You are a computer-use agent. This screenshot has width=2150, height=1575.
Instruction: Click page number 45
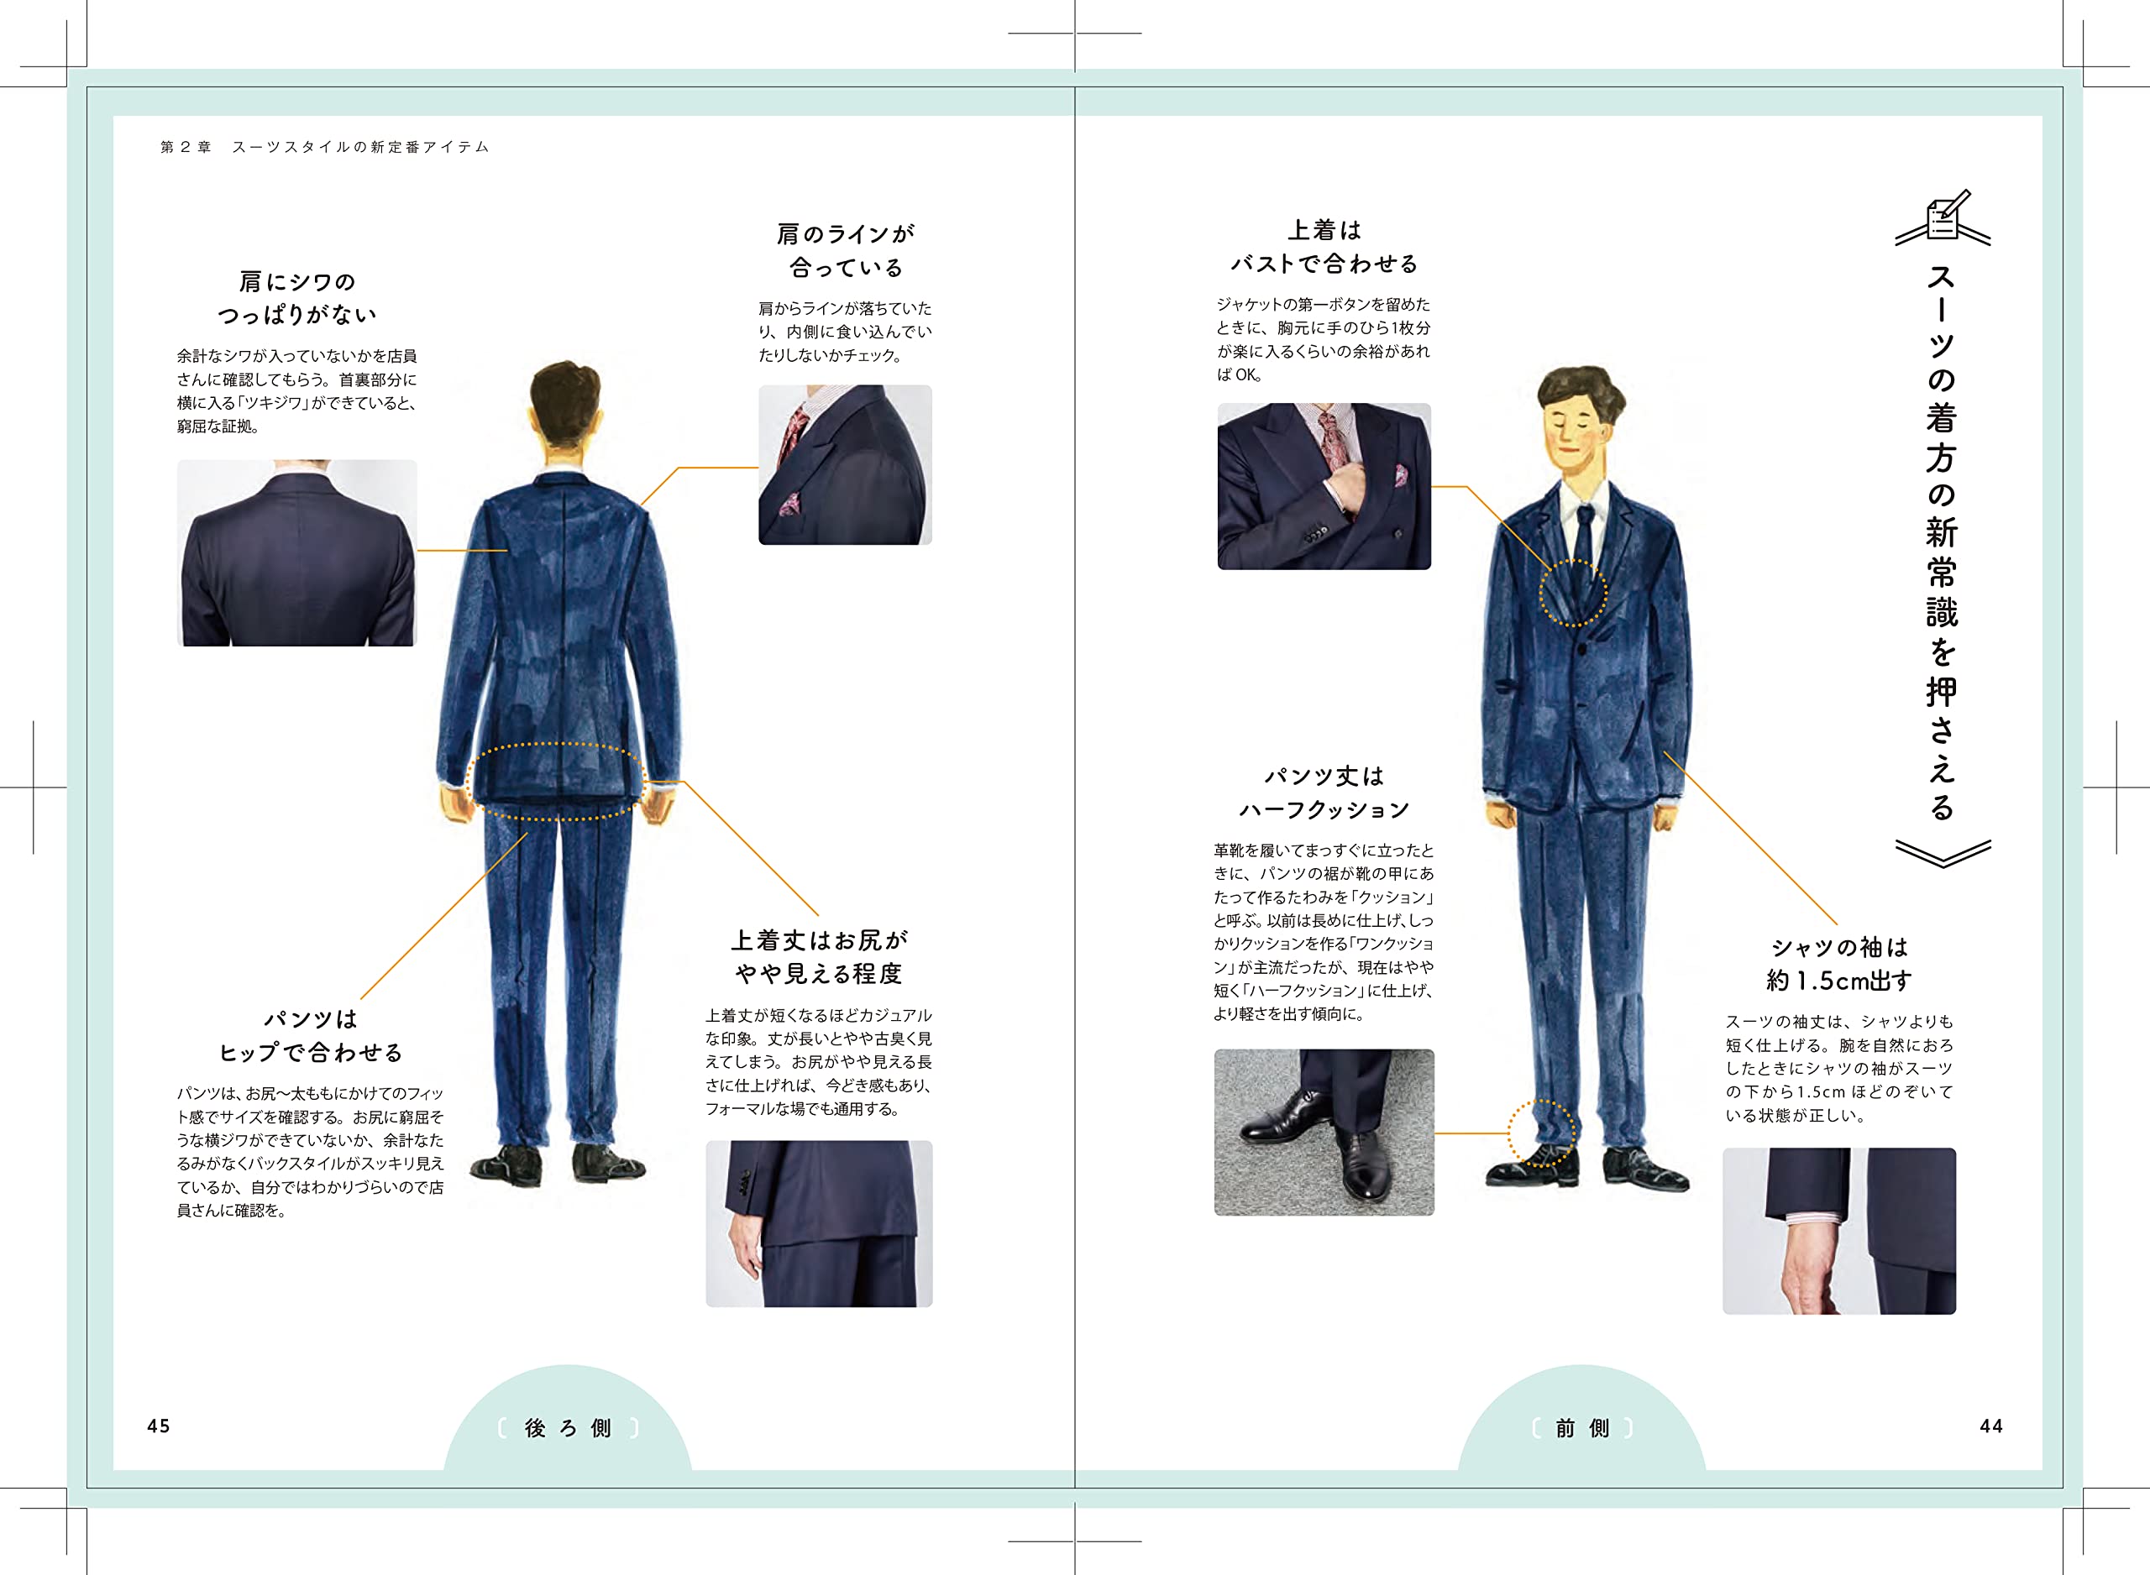(158, 1426)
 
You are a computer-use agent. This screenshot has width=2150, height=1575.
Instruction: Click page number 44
(1990, 1426)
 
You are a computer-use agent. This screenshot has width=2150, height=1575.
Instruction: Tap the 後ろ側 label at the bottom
(567, 1428)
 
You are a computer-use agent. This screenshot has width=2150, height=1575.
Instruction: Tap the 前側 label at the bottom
(1581, 1428)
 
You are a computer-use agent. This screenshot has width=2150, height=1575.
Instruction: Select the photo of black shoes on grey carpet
(1324, 1132)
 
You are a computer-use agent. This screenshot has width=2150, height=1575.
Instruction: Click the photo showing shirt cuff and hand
(1838, 1231)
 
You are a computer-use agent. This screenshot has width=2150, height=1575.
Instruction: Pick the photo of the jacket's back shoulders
(296, 553)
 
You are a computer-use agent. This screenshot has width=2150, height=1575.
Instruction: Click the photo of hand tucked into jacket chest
(1324, 486)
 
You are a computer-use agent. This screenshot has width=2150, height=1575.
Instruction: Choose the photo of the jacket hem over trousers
(818, 1223)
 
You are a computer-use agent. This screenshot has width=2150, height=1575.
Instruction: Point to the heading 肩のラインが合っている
(846, 250)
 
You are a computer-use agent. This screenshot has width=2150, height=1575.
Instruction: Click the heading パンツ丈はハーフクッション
(1324, 793)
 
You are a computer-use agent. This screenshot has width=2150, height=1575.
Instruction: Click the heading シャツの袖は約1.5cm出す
(1838, 964)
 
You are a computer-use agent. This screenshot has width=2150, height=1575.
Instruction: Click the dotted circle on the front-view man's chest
(1573, 593)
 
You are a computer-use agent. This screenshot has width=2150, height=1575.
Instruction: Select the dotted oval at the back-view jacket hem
(557, 782)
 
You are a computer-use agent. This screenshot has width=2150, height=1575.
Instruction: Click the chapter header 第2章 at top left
(186, 147)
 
